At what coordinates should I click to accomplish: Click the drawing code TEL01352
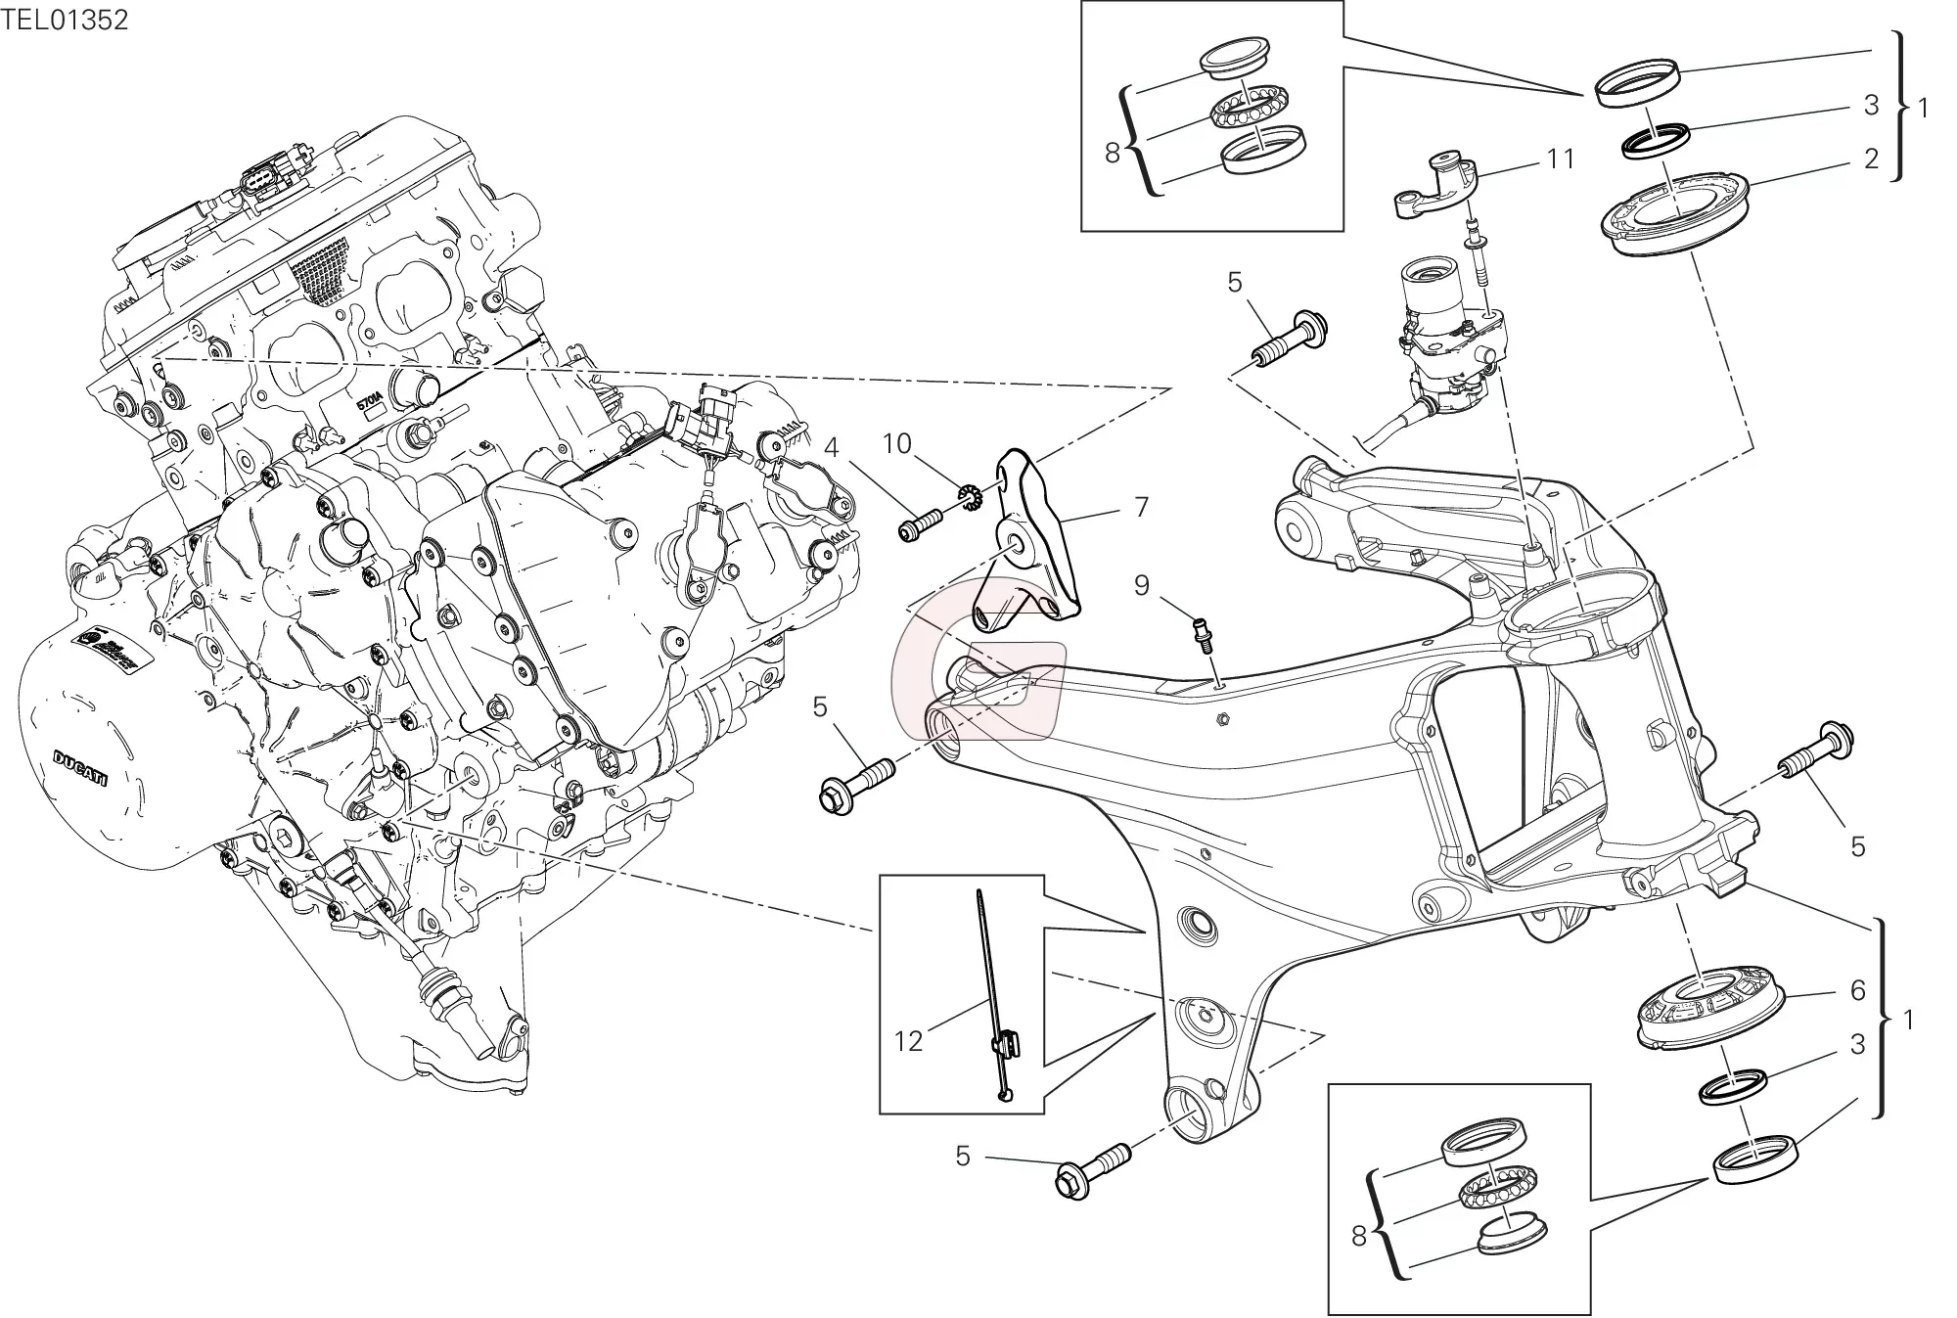tap(65, 20)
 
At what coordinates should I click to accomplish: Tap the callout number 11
tap(1561, 158)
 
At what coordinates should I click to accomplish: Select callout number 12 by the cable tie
tap(908, 1041)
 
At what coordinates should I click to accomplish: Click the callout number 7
tap(1141, 507)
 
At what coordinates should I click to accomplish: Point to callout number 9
tap(1142, 585)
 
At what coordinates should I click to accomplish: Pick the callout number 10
tap(897, 444)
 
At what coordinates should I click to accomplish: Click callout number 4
tap(831, 448)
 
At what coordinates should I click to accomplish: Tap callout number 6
tap(1858, 990)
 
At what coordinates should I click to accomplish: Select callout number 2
tap(1871, 159)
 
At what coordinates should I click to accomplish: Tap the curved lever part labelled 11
tap(1436, 183)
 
